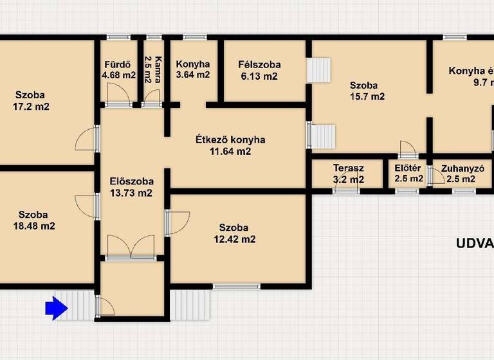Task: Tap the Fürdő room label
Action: click(118, 64)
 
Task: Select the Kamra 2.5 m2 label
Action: click(152, 70)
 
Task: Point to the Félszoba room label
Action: click(259, 65)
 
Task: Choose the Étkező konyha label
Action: click(230, 139)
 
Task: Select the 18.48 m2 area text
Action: click(36, 226)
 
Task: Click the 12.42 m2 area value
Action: click(235, 239)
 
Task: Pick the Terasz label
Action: click(349, 168)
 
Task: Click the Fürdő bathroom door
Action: click(118, 96)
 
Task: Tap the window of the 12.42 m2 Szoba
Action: click(237, 285)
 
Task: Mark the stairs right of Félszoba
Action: click(318, 70)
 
